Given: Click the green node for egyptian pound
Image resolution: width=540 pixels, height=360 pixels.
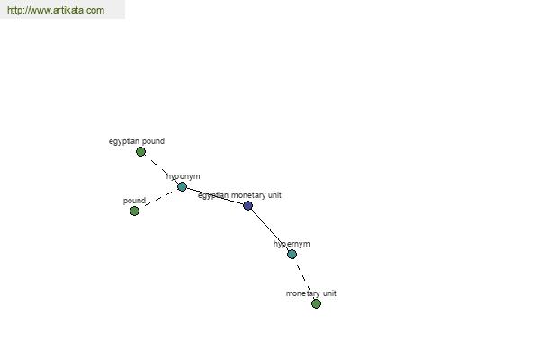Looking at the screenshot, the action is [x=140, y=151].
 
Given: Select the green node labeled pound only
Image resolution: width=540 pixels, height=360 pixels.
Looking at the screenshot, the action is [x=134, y=211].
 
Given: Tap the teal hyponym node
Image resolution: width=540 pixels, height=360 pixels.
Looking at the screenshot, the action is [x=182, y=186].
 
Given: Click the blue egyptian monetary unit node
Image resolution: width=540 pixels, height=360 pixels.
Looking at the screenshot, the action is [x=247, y=206].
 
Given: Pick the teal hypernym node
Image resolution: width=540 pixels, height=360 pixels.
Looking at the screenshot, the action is [x=292, y=254].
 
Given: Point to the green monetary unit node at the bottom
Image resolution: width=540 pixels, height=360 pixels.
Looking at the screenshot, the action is [x=316, y=303].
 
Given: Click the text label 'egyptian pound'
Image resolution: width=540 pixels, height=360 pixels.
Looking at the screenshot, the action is [x=137, y=141].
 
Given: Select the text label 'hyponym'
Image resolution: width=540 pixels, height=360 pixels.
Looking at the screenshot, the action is [x=184, y=176].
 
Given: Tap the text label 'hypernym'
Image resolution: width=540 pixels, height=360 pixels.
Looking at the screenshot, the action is [x=292, y=244].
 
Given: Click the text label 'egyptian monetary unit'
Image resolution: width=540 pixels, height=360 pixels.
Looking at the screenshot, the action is [x=239, y=195].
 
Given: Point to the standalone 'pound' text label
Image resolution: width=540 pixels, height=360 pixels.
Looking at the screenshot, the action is [x=134, y=201].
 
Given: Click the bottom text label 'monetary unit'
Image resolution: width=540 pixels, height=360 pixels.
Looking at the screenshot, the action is [x=311, y=293].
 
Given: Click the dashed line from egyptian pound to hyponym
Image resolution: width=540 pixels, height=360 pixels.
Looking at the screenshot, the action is [x=161, y=169].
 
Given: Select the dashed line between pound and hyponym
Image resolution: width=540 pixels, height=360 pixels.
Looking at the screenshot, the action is [x=158, y=199].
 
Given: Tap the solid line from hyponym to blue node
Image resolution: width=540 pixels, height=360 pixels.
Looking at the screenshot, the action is [x=215, y=196].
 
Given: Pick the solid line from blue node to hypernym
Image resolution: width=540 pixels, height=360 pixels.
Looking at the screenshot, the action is [x=270, y=229].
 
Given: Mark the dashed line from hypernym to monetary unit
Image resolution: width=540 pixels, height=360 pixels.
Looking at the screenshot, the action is [x=304, y=279].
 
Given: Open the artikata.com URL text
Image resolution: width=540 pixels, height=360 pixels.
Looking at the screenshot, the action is [x=56, y=10].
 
